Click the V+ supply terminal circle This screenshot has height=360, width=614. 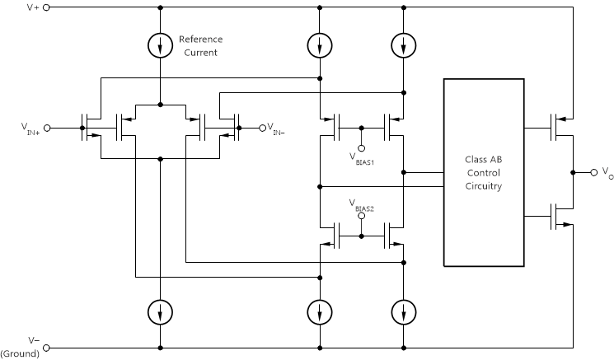46,7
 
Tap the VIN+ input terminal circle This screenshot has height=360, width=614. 47,128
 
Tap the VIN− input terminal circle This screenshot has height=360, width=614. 263,128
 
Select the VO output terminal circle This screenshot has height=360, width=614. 593,172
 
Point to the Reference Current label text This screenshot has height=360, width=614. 201,46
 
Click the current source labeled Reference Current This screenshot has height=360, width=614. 160,47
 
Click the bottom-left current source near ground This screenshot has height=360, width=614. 160,311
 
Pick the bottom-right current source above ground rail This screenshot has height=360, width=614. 402,311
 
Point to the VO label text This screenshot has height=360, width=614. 607,174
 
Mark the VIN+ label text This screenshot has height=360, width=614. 30,129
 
